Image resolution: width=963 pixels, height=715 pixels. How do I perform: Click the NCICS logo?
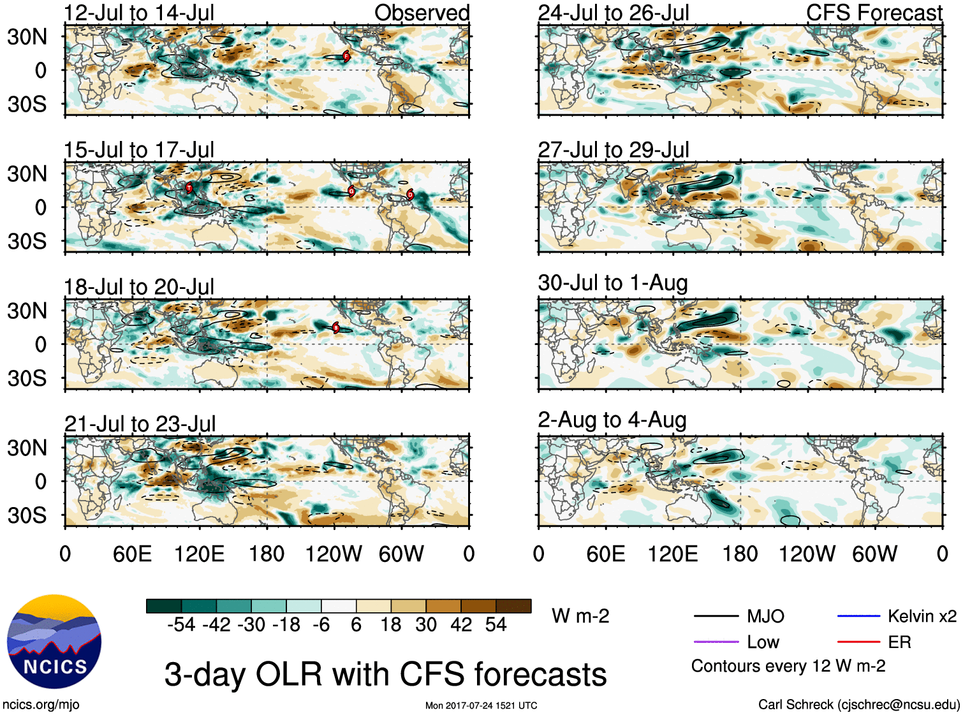[54, 642]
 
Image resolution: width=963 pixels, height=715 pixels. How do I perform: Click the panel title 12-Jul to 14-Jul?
[139, 13]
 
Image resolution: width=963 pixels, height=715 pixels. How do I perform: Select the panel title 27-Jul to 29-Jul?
[614, 150]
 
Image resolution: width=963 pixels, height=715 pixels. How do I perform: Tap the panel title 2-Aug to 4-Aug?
[612, 420]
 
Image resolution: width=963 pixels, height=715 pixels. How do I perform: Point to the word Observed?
[422, 13]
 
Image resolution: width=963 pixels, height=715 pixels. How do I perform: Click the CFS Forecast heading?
[874, 13]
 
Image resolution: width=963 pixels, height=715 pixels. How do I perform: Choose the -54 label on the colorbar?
[181, 624]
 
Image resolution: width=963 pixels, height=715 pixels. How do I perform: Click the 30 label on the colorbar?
[426, 624]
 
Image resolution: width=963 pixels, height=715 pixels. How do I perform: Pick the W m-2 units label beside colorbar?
[580, 616]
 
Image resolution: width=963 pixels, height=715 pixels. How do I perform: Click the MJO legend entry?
[765, 616]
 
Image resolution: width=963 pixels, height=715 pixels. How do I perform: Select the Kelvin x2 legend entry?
[922, 616]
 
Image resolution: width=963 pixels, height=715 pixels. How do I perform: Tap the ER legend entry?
[899, 642]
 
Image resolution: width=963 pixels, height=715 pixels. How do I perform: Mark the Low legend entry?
[763, 642]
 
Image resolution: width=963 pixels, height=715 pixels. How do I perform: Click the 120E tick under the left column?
[200, 554]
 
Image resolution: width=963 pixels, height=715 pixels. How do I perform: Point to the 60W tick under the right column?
[874, 554]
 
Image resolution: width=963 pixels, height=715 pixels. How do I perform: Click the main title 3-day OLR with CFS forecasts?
[385, 674]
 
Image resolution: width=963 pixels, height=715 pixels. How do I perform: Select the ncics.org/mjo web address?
[41, 705]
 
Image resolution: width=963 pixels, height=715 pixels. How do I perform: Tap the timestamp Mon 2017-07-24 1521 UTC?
[481, 705]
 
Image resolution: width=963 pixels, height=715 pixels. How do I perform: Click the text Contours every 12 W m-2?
[788, 667]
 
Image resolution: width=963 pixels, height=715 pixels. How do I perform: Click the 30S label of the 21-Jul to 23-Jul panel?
[27, 515]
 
